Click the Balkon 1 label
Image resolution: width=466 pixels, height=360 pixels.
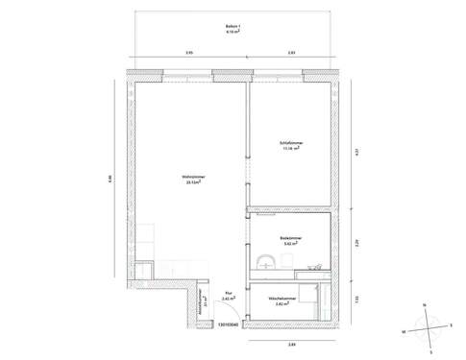(233, 29)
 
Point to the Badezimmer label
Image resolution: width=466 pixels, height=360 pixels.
(292, 242)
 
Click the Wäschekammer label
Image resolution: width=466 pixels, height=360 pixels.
(288, 301)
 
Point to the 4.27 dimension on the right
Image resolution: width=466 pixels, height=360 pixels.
(356, 151)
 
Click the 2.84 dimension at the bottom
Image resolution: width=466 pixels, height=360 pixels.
(291, 344)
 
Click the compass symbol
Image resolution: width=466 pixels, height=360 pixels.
(424, 324)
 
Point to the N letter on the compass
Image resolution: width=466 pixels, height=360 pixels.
(424, 304)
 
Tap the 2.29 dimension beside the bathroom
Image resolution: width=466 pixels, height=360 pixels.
(356, 242)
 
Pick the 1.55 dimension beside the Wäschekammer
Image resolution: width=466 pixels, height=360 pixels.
(356, 300)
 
